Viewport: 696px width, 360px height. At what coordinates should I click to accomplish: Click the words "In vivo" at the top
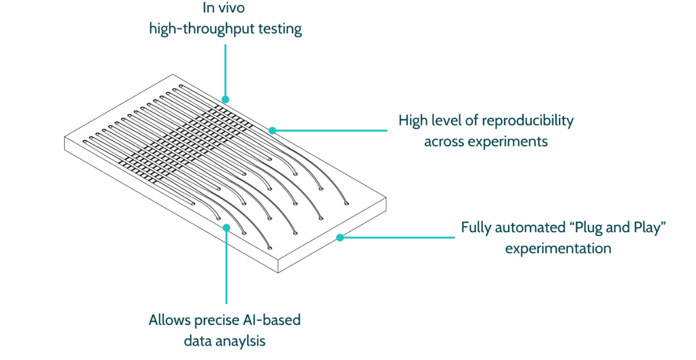[x=225, y=8]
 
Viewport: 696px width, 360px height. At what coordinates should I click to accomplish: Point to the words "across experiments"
[x=486, y=141]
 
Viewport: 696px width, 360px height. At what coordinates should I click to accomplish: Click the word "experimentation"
[x=558, y=248]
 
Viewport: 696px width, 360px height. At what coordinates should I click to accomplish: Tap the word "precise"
[x=215, y=320]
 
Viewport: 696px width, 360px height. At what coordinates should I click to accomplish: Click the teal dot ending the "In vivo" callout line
[x=225, y=99]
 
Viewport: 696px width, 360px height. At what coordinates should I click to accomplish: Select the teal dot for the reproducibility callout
[x=272, y=131]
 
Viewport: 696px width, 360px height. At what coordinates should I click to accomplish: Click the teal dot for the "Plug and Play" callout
[x=339, y=238]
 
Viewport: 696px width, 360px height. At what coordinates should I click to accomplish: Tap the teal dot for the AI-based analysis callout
[x=226, y=227]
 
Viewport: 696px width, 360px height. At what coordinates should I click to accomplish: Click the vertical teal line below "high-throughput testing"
[x=225, y=70]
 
